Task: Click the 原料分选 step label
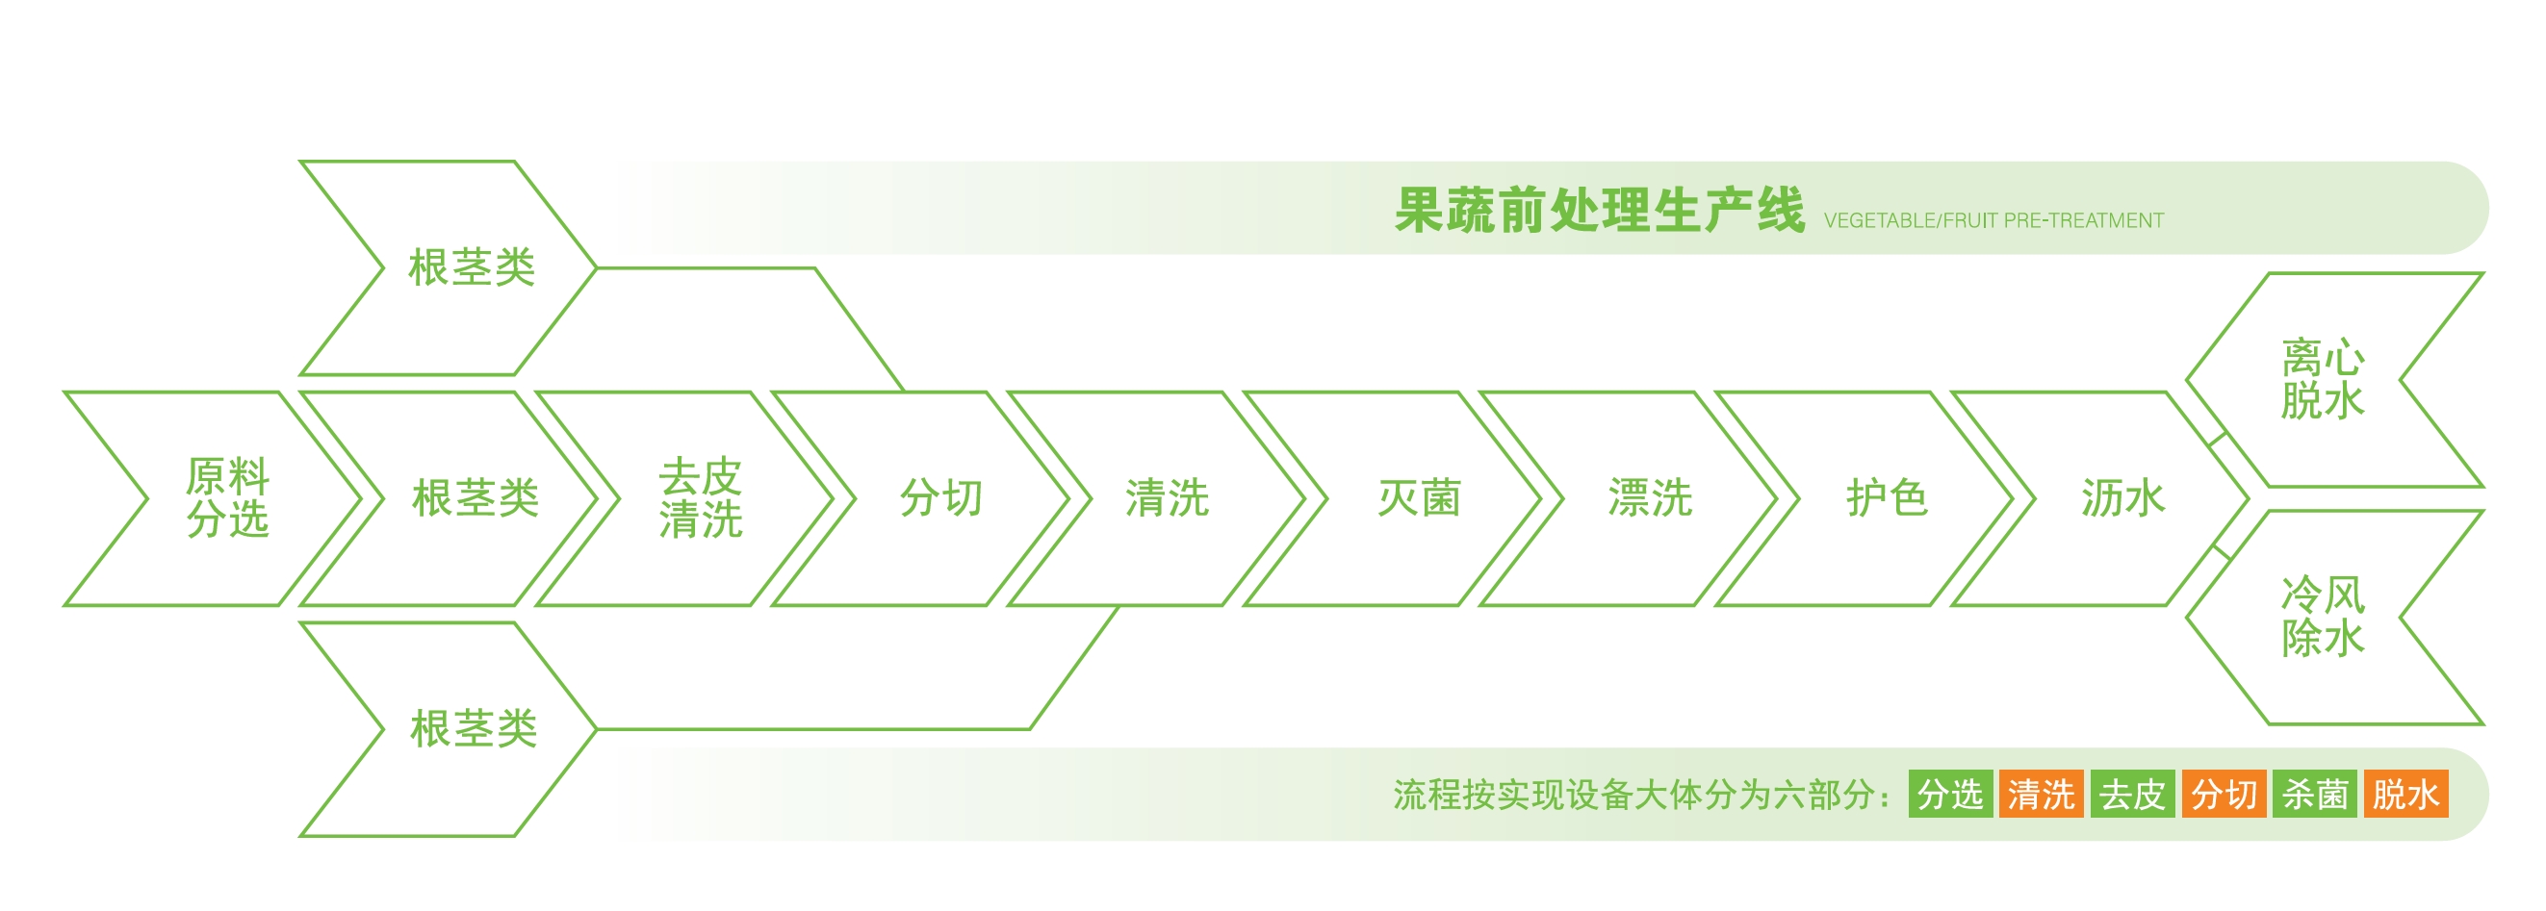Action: click(x=227, y=498)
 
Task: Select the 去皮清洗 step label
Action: click(x=701, y=498)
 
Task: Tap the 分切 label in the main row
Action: click(x=941, y=498)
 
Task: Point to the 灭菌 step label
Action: click(x=1419, y=498)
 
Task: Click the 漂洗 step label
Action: click(x=1650, y=498)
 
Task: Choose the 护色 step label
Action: click(x=1887, y=498)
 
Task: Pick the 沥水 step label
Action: click(x=2123, y=498)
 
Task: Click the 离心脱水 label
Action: click(x=2323, y=379)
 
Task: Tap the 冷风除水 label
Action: click(x=2323, y=617)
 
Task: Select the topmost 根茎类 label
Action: click(x=473, y=267)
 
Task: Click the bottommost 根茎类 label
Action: click(x=475, y=729)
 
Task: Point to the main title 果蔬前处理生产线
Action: click(x=1599, y=211)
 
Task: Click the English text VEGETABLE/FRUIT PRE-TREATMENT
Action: click(x=1993, y=220)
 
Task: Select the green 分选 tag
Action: click(x=1951, y=795)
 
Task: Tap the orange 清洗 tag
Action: click(x=2042, y=795)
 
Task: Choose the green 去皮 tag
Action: click(x=2133, y=795)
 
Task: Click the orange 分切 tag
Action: click(x=2224, y=795)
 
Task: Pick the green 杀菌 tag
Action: click(x=2315, y=795)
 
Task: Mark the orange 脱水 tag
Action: click(x=2405, y=795)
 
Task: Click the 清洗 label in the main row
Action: click(x=1168, y=498)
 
